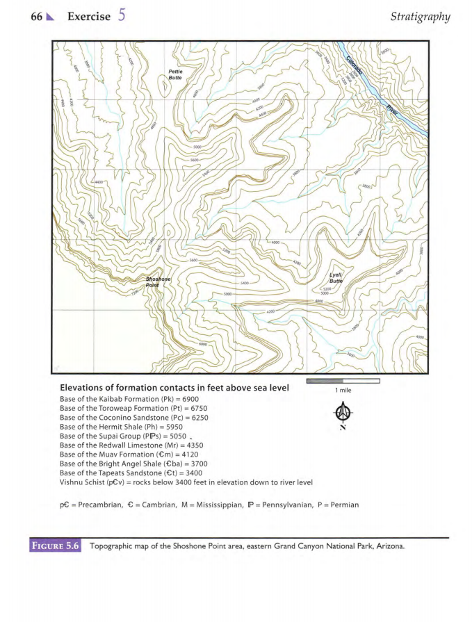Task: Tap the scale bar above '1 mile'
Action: (x=342, y=381)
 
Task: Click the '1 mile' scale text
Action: (x=343, y=392)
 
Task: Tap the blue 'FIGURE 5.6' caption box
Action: (x=56, y=546)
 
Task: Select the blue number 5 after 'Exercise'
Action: (x=121, y=15)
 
